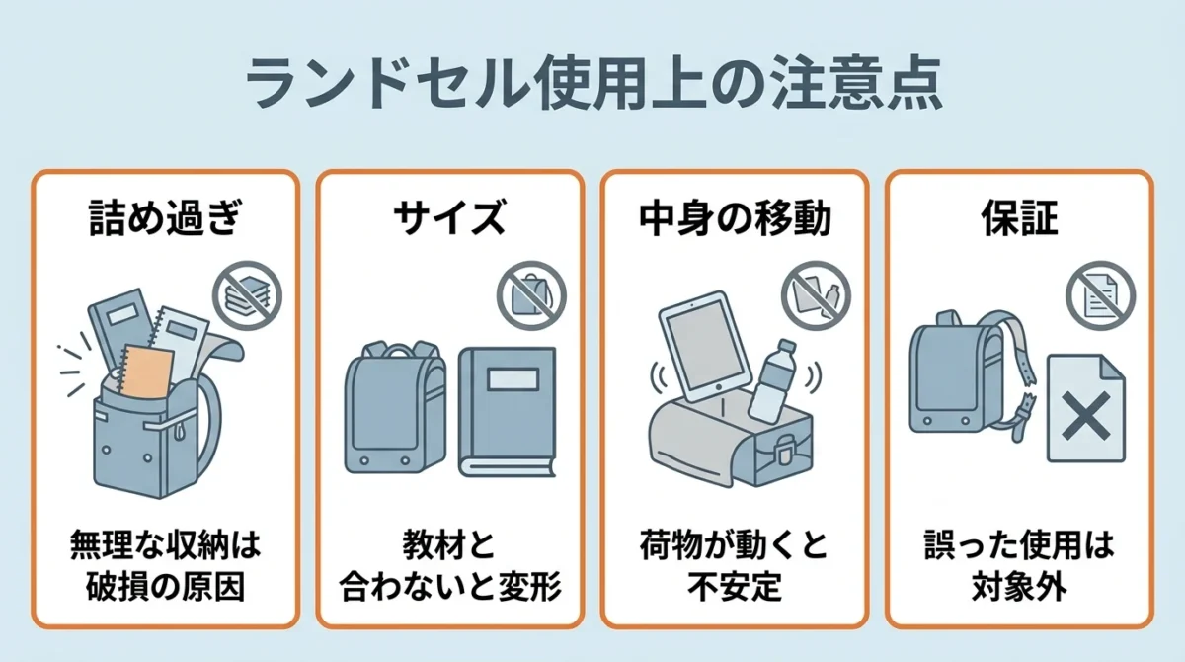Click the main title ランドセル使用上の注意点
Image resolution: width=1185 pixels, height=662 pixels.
[x=593, y=84]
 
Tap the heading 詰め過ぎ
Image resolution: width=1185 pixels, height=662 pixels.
[x=166, y=217]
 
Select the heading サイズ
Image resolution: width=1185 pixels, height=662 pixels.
[x=449, y=217]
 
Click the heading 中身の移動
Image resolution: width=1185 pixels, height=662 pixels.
[x=735, y=217]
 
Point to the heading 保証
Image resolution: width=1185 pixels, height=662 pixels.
[x=1019, y=217]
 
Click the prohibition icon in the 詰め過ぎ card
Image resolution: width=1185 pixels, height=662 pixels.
[x=247, y=295]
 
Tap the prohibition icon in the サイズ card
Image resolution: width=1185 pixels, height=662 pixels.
[x=531, y=295]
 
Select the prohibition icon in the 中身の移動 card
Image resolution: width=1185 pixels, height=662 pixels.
[x=817, y=295]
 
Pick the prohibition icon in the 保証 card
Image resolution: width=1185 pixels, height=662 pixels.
[x=1101, y=295]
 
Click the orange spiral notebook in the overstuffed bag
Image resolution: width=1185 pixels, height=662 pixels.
[x=145, y=372]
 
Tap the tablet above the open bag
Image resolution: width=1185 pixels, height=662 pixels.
[x=705, y=347]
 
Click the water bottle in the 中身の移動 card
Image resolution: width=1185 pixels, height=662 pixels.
[x=772, y=382]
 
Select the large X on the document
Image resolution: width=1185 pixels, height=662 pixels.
[x=1085, y=416]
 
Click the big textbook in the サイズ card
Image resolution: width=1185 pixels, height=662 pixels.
[x=507, y=412]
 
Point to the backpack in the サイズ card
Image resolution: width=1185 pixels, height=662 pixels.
[x=395, y=407]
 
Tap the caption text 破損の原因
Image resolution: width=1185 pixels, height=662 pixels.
[x=166, y=586]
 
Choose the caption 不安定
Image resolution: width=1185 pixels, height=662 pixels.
[x=735, y=586]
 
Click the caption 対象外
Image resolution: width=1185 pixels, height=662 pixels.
[x=1019, y=586]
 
